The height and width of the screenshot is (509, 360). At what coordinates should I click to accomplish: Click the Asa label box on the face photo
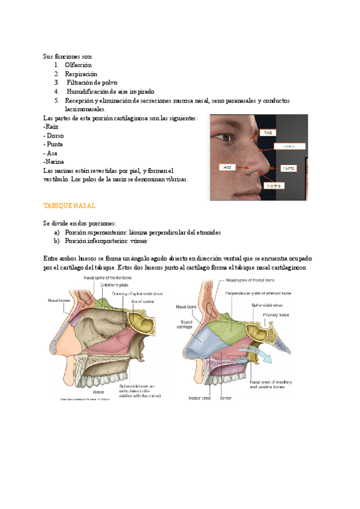(x=227, y=167)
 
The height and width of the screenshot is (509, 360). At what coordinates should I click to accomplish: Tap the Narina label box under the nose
(x=274, y=186)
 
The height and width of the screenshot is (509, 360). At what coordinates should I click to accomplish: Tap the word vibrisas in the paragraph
(x=174, y=179)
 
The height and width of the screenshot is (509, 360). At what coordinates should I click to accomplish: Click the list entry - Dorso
(x=53, y=136)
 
